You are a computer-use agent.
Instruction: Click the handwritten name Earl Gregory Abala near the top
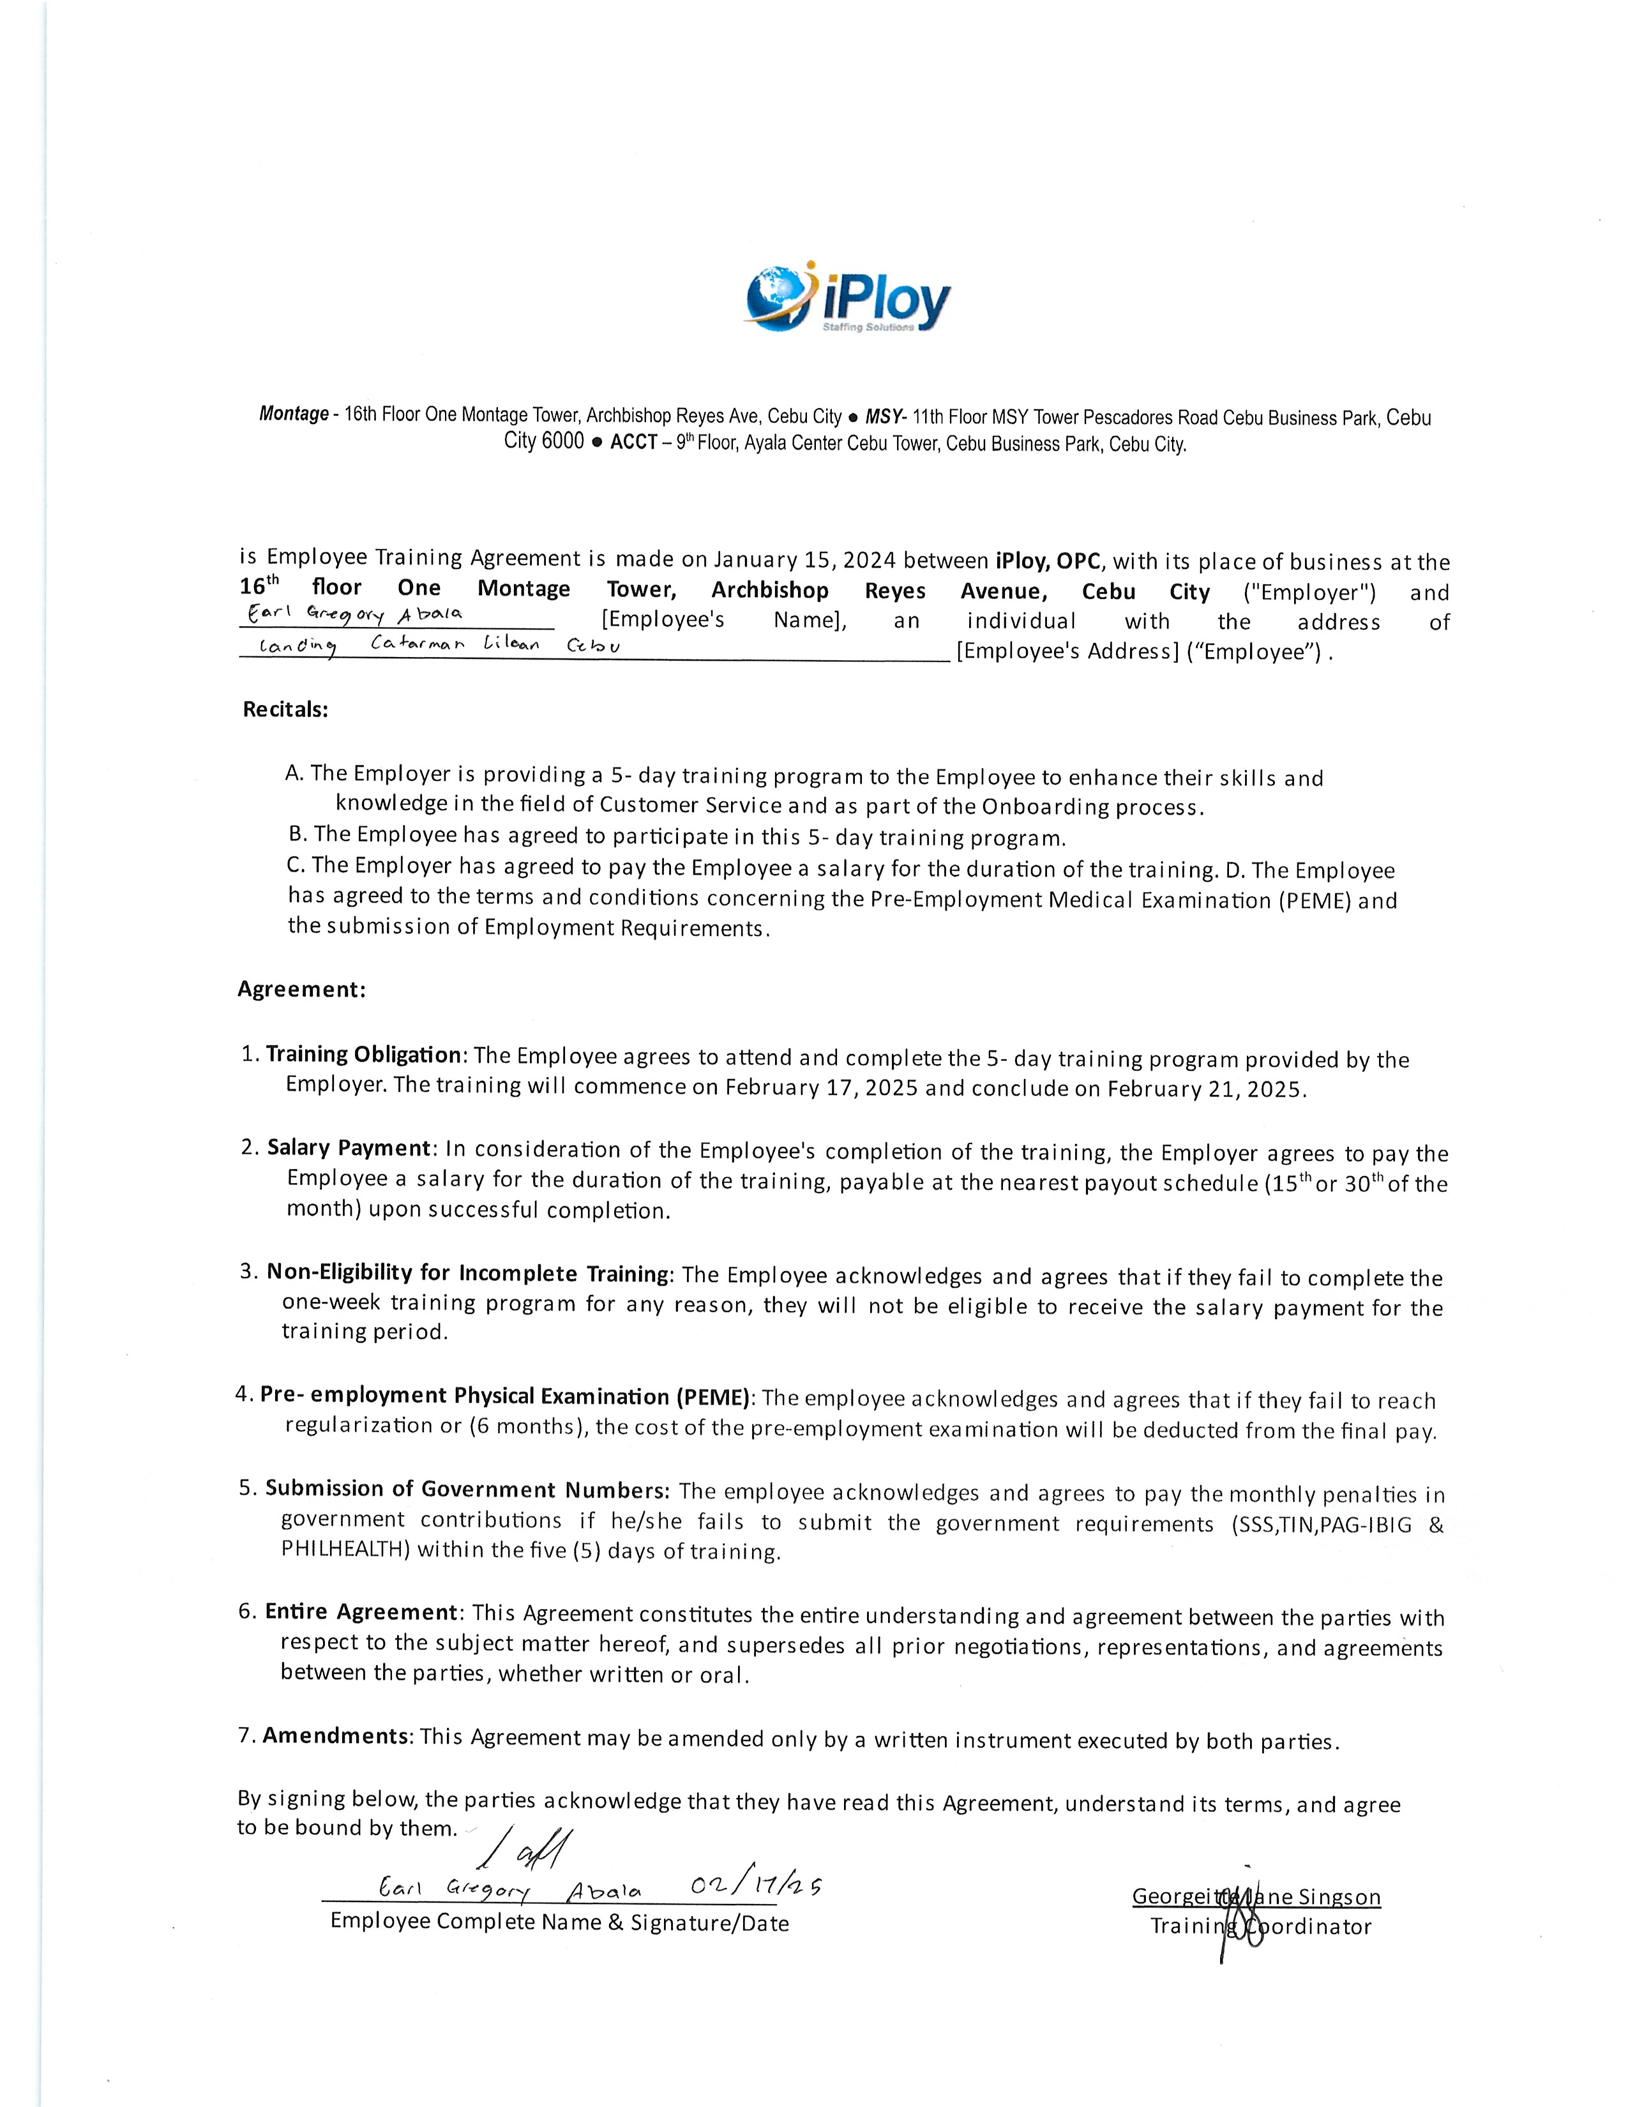pyautogui.click(x=355, y=614)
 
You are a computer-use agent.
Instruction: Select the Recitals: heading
pyautogui.click(x=285, y=709)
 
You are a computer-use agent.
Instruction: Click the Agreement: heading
pyautogui.click(x=302, y=989)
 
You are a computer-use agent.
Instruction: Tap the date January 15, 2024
pyautogui.click(x=804, y=559)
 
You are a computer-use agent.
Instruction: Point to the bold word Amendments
pyautogui.click(x=336, y=1735)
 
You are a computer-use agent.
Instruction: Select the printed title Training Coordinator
pyautogui.click(x=1260, y=1926)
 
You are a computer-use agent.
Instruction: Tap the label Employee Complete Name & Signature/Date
pyautogui.click(x=559, y=1922)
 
